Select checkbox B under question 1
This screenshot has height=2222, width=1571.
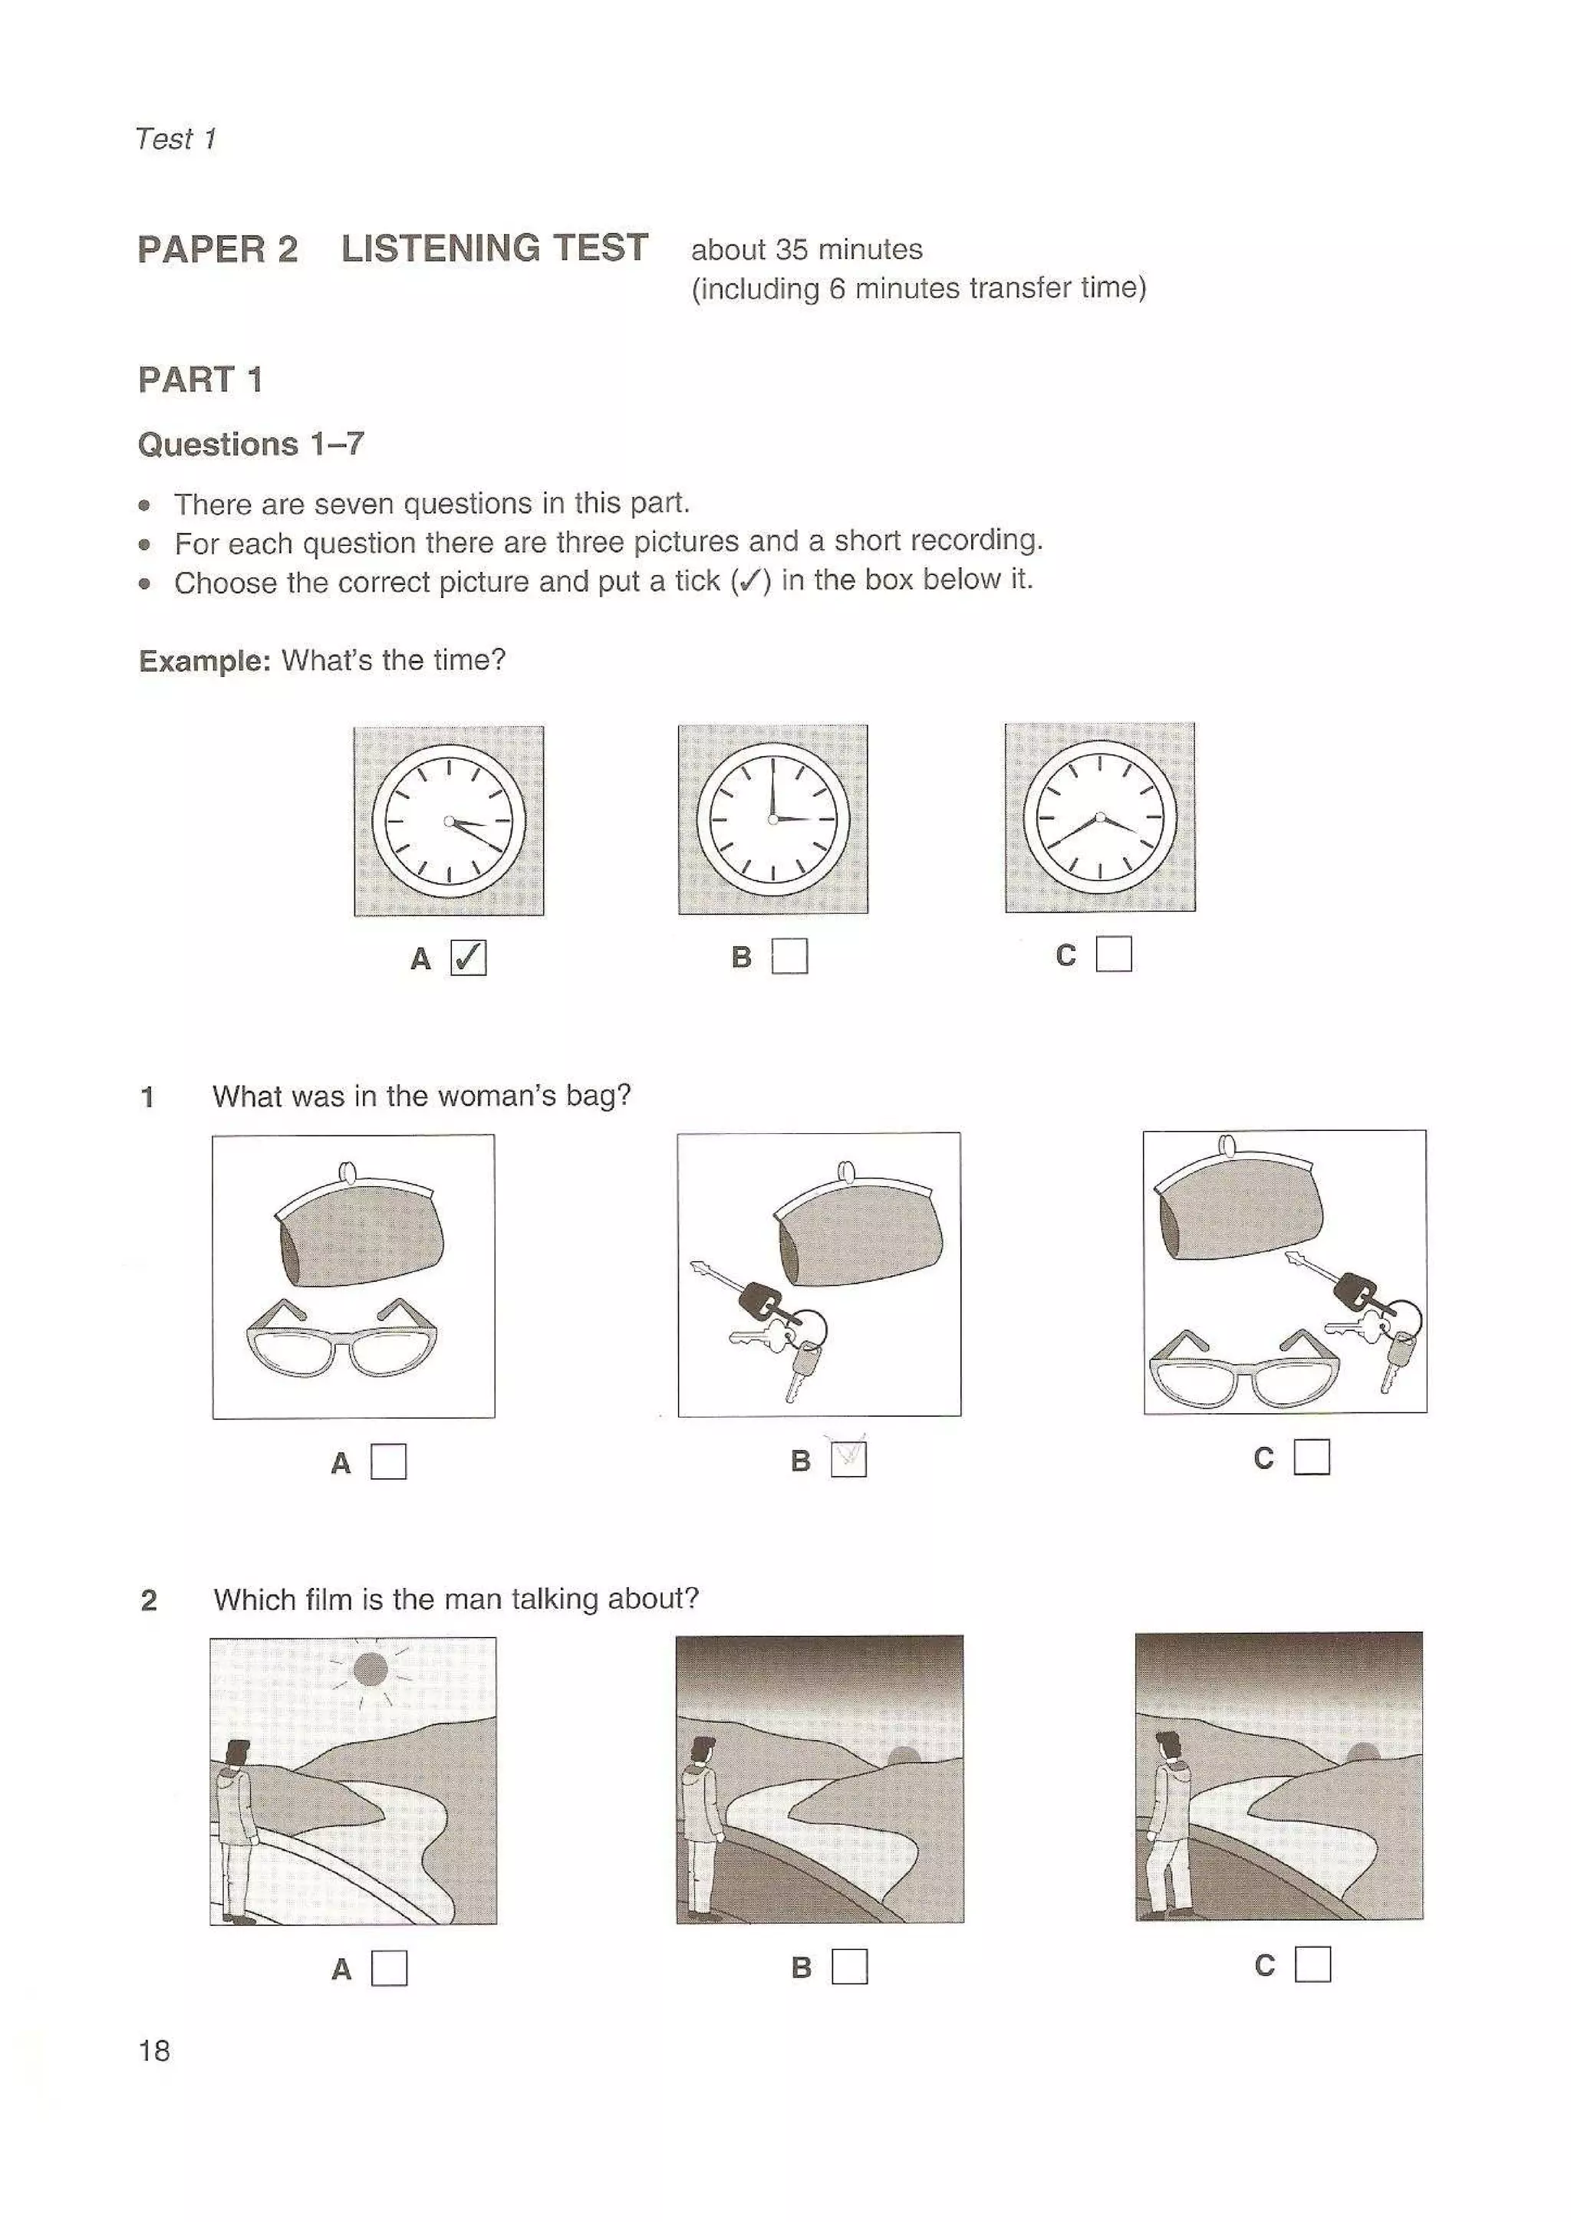[x=849, y=1459]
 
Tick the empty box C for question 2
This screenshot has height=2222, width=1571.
[x=1312, y=1964]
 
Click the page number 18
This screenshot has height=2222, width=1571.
[x=154, y=2049]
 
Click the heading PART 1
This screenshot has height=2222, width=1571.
[x=200, y=380]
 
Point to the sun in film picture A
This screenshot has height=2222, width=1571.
[x=370, y=1668]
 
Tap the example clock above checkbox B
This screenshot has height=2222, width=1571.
[x=772, y=819]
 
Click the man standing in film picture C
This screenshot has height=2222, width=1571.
[x=1168, y=1821]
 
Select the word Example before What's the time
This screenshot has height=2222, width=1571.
[x=204, y=661]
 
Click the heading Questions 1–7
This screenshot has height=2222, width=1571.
[x=251, y=444]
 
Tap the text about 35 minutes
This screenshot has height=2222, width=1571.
[x=805, y=250]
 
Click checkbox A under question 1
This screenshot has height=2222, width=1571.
[x=388, y=1461]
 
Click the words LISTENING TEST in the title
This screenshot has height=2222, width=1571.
[x=494, y=248]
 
